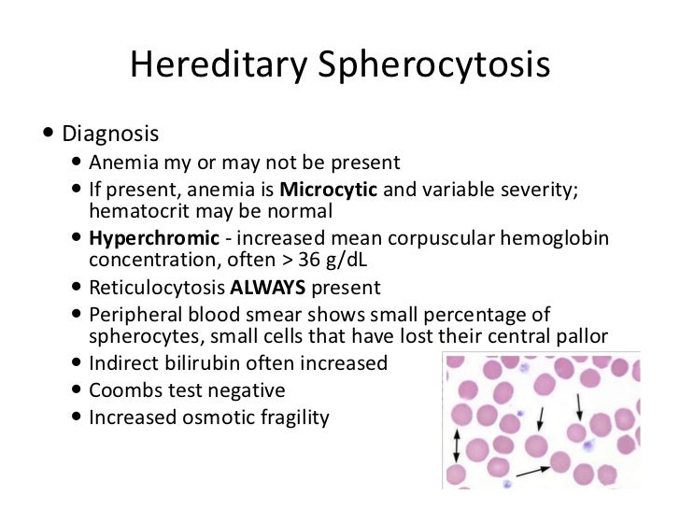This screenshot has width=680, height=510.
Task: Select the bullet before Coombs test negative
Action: click(76, 390)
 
